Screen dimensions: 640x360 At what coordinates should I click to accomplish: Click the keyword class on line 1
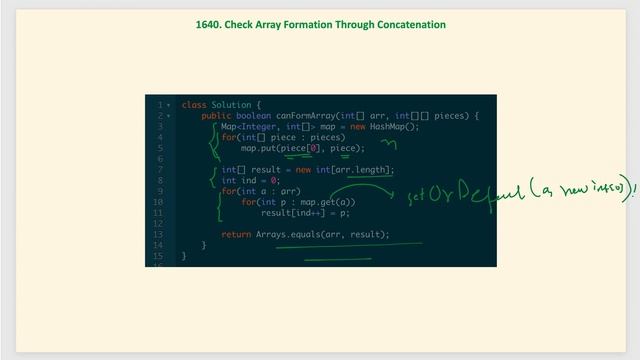coord(194,105)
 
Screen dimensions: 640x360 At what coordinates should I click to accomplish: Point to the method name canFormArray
coord(307,116)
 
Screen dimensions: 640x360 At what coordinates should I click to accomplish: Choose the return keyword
coord(236,235)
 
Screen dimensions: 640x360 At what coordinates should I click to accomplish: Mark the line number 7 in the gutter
coord(160,170)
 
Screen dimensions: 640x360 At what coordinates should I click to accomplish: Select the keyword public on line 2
coord(216,116)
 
